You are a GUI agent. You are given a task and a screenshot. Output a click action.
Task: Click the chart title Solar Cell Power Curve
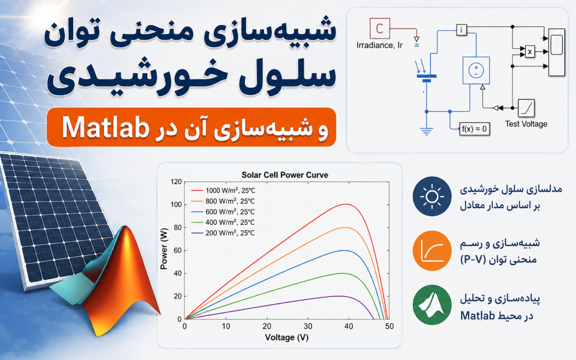pos(285,175)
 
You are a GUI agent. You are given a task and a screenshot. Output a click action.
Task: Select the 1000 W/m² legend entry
pos(223,190)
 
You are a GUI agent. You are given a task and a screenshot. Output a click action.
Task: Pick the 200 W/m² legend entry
pos(223,233)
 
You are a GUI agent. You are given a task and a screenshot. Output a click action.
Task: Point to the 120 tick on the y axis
pos(176,182)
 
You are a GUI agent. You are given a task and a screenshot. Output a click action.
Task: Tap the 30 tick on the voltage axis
pos(308,326)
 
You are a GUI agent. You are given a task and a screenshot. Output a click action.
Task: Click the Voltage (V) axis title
pos(286,338)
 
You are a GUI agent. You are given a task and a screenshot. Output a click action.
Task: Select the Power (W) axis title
pos(164,249)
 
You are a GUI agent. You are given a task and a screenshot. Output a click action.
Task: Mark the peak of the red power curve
pos(346,204)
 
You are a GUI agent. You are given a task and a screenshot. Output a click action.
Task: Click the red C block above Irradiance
pos(380,28)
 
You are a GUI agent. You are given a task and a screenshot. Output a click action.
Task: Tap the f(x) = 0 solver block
pos(474,129)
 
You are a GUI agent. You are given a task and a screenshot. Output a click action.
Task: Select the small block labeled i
pos(461,30)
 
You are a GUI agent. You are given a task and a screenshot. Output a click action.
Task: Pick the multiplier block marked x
pos(530,52)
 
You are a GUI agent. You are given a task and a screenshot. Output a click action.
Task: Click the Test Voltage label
pos(526,124)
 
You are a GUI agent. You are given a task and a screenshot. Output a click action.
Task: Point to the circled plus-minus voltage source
pos(476,70)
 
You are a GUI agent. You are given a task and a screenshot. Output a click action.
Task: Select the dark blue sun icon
pos(432,196)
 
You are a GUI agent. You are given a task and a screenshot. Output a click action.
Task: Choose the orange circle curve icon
pos(432,251)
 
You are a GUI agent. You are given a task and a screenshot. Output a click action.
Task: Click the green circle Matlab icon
pos(432,305)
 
